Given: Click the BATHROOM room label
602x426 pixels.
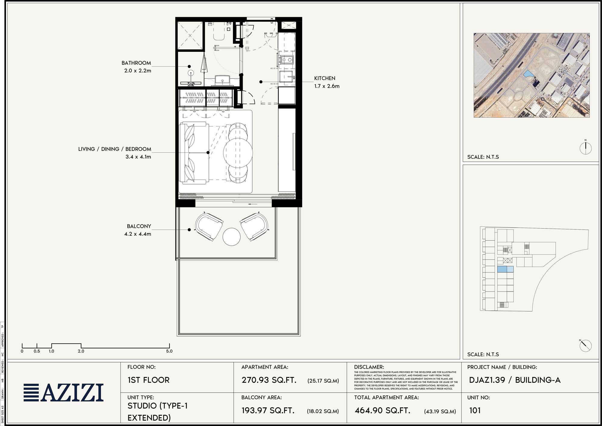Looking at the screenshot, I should pos(136,63).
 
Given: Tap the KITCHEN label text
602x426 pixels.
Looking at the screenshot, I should pos(324,78).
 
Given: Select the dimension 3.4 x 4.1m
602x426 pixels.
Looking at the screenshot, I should pos(138,157).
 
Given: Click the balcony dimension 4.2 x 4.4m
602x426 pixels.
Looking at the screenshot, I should pos(138,234).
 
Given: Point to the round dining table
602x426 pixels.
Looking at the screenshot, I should pos(238,153).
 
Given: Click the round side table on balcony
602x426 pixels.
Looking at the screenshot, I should pos(231,237).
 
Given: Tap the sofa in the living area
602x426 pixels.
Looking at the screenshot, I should pos(194,153).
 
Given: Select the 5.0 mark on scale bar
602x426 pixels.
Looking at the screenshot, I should pos(169,351).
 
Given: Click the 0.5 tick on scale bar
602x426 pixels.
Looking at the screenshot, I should pos(37,351).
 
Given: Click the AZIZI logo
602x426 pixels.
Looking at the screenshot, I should pos(64,393).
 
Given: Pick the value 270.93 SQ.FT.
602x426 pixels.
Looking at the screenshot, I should pos(269,380).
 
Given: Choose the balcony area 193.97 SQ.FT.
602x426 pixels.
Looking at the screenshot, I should pos(268,410).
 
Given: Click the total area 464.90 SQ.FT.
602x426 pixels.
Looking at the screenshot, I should pos(382,410).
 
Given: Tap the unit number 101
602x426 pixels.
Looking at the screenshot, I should pos(475,410).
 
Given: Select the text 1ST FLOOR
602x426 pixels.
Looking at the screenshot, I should pos(148,380).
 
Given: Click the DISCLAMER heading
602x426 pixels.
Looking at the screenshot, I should pos(369,367).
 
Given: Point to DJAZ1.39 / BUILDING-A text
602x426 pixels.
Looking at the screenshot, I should pos(514,380).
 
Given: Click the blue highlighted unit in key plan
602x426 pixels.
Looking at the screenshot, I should pos(505,269).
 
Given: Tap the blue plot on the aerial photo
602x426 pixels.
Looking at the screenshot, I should pos(528,74).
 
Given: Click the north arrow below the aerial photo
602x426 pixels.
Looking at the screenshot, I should pos(585,148).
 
